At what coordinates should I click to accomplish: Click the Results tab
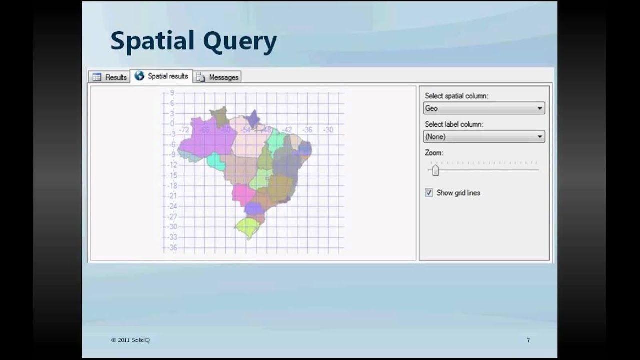110,77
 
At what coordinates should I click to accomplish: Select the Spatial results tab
161,76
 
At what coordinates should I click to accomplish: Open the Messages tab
218,77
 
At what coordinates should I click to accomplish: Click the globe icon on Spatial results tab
139,76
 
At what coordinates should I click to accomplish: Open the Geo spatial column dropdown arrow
539,108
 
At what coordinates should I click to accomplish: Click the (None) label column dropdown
483,136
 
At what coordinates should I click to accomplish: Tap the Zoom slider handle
435,170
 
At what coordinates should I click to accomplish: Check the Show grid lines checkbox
429,193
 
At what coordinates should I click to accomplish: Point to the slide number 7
528,340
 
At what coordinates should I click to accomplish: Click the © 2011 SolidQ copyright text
130,340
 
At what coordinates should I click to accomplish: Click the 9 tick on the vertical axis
172,93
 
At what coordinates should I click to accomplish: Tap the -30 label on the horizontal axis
328,130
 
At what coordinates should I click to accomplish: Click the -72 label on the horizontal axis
184,130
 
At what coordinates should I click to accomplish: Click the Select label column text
454,124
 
